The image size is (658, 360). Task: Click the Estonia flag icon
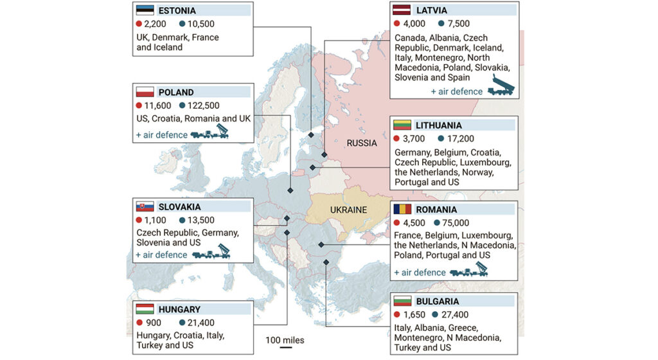click(x=145, y=11)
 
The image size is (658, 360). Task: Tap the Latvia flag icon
click(x=403, y=10)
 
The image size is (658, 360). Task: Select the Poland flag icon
click(x=145, y=92)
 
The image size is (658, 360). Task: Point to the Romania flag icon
click(x=403, y=210)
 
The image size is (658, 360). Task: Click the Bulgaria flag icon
click(x=403, y=301)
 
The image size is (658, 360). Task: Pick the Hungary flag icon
click(x=145, y=309)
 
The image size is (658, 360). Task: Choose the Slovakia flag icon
click(x=145, y=207)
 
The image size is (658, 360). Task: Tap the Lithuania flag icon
click(x=403, y=125)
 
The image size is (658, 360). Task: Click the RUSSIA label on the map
click(x=362, y=143)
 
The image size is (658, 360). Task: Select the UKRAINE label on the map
click(x=348, y=210)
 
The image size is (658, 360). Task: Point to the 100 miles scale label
click(x=285, y=340)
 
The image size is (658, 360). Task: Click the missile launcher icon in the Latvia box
click(x=502, y=85)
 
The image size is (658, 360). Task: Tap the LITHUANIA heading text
click(x=438, y=125)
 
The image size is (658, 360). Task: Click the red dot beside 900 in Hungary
click(x=139, y=323)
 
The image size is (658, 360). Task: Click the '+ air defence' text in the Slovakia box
click(x=161, y=255)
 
